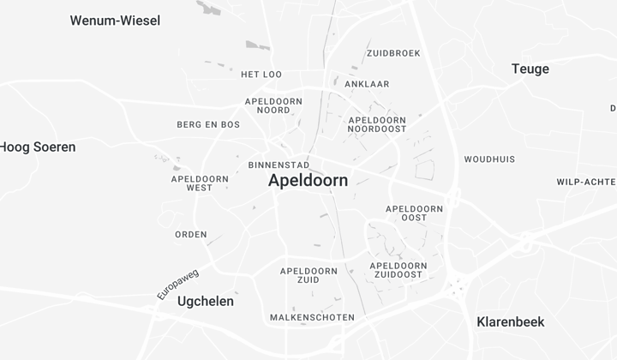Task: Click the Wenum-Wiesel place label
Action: click(115, 21)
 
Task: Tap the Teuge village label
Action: click(530, 69)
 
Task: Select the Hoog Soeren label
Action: click(38, 147)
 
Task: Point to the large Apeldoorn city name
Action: click(308, 181)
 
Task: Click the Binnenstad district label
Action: click(279, 165)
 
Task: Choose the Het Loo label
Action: click(261, 75)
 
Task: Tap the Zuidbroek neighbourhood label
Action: click(393, 53)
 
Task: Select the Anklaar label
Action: click(367, 84)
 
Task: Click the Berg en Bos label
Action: click(208, 124)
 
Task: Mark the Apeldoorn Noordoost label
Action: click(377, 125)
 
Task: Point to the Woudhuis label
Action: click(489, 159)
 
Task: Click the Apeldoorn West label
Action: click(200, 183)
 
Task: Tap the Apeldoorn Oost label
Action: click(414, 213)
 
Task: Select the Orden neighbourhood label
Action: click(191, 234)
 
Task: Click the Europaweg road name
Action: click(178, 284)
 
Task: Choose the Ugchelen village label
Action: click(205, 302)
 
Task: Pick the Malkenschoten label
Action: click(312, 317)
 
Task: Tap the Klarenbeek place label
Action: click(510, 322)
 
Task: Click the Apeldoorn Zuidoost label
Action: click(398, 270)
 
